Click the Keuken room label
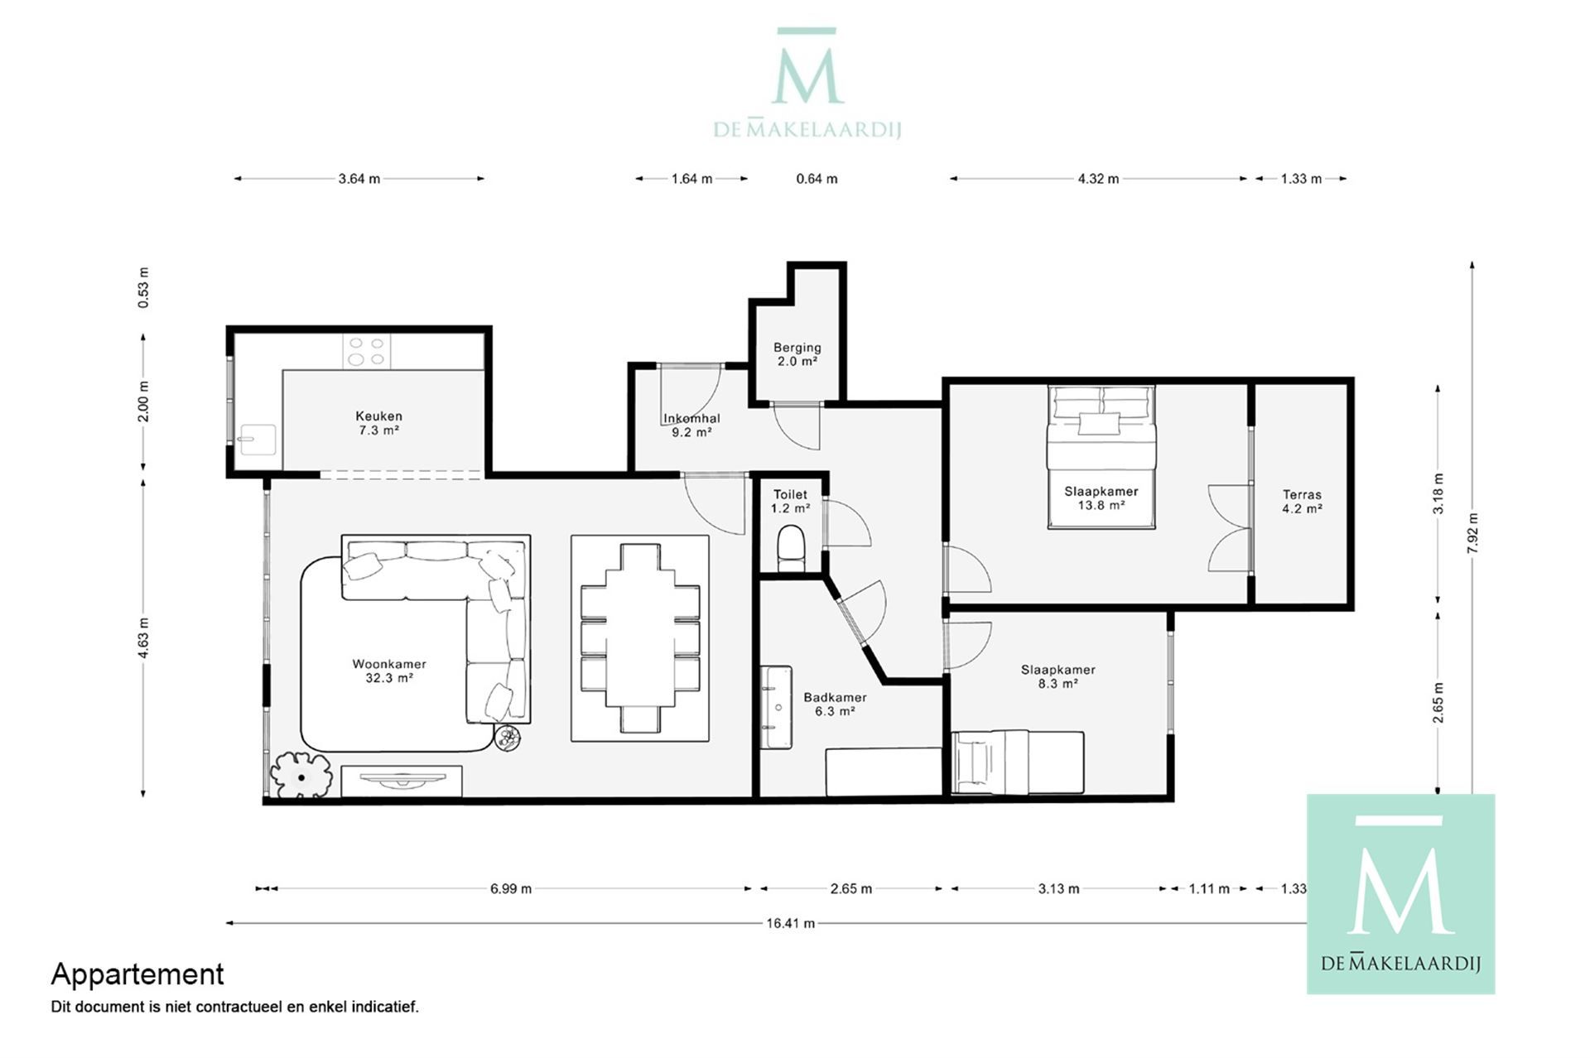tap(378, 416)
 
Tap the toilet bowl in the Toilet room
tap(791, 547)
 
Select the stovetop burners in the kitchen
tap(367, 351)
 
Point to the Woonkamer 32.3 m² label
tap(389, 671)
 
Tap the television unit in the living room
tap(402, 781)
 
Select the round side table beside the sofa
tap(508, 738)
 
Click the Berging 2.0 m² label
tap(797, 354)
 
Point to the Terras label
tap(1302, 495)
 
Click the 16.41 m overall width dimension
tap(791, 923)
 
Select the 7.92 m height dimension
tap(1472, 533)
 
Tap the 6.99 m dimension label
tap(511, 889)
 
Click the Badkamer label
tap(835, 698)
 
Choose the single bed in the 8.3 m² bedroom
tap(1018, 762)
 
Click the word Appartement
tap(137, 975)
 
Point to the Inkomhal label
tap(691, 419)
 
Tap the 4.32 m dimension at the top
tap(1098, 179)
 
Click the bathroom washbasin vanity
tap(777, 708)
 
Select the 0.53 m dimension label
tap(144, 288)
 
